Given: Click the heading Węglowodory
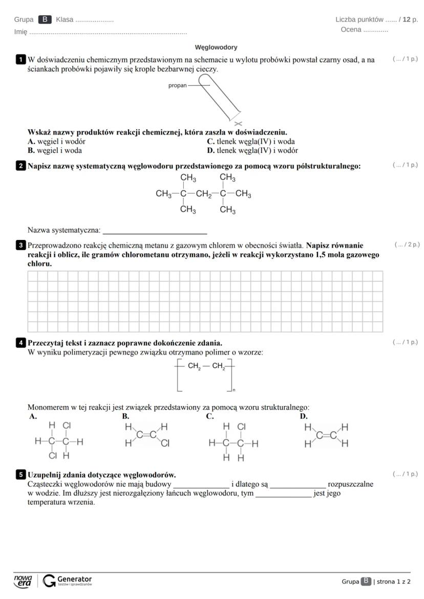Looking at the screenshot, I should pos(216,48).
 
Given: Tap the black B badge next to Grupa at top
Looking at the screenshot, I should pos(45,19).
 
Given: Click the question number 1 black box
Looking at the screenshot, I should pos(20,60).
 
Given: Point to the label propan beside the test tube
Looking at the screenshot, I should pos(177,85).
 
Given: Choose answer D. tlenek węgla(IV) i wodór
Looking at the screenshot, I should pos(252,150).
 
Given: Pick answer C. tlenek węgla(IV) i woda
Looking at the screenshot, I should pos(250,142).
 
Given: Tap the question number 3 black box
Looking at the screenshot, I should pos(20,245).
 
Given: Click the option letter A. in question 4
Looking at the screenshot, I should pos(33,417).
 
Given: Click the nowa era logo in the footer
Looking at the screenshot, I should pos(23,581).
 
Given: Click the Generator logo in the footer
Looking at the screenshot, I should pos(68,581).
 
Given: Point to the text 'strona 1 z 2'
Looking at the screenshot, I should pos(393,582).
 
